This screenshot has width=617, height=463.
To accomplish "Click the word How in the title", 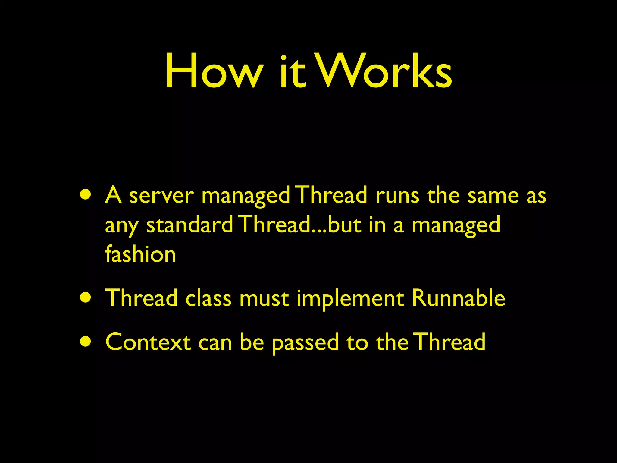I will click(213, 71).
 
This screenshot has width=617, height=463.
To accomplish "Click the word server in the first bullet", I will click(161, 196).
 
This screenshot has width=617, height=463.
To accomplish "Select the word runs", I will click(397, 196).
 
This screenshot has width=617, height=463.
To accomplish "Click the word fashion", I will click(140, 254).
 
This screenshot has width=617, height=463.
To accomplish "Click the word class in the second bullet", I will click(208, 298).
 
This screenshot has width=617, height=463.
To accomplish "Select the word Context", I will click(148, 342).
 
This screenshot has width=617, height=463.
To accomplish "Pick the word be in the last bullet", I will click(252, 342).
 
